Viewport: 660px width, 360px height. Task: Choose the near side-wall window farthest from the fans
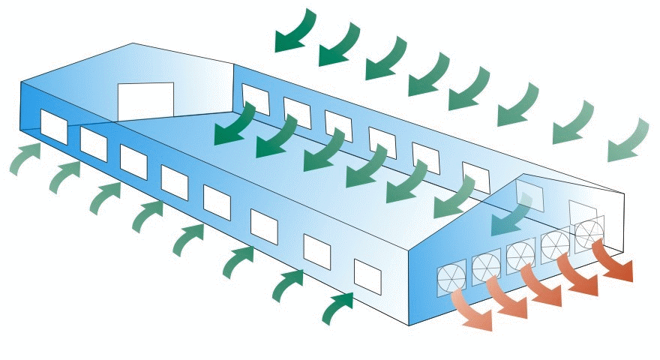(54, 125)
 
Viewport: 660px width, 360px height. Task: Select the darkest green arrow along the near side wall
(337, 307)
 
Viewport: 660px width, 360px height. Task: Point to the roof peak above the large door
(133, 43)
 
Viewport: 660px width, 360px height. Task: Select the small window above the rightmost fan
(580, 209)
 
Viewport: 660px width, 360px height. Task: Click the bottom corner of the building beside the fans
(409, 325)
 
